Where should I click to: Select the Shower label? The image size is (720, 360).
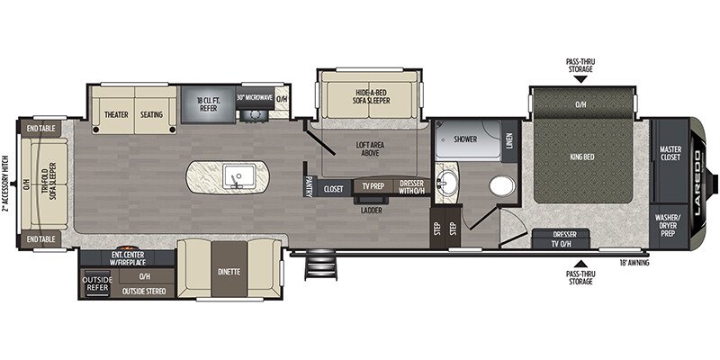tap(465, 140)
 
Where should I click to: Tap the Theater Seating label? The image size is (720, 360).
tap(133, 115)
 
